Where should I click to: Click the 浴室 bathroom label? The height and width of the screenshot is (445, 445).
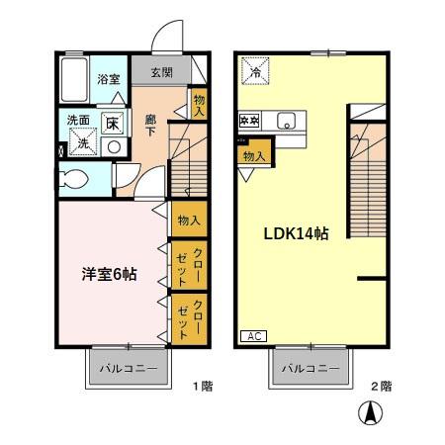(107, 79)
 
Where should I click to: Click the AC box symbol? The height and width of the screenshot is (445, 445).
(253, 335)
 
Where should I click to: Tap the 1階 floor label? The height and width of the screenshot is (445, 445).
(202, 386)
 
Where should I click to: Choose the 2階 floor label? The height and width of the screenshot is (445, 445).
(382, 386)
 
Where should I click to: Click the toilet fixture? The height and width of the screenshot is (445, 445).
(75, 180)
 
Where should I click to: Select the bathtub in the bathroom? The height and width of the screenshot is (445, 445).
(73, 75)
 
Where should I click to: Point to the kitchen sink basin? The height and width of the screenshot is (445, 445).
(285, 122)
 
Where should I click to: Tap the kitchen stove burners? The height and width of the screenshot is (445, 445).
(249, 122)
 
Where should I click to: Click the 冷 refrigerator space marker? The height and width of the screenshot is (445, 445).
(255, 71)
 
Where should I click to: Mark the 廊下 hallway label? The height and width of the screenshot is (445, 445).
(151, 127)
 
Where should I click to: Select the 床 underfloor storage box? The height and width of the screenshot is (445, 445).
(113, 124)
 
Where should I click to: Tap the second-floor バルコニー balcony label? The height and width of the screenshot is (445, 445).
(310, 369)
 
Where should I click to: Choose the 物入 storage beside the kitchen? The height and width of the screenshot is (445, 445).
(253, 154)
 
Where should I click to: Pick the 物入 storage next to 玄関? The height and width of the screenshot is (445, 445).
(199, 104)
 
